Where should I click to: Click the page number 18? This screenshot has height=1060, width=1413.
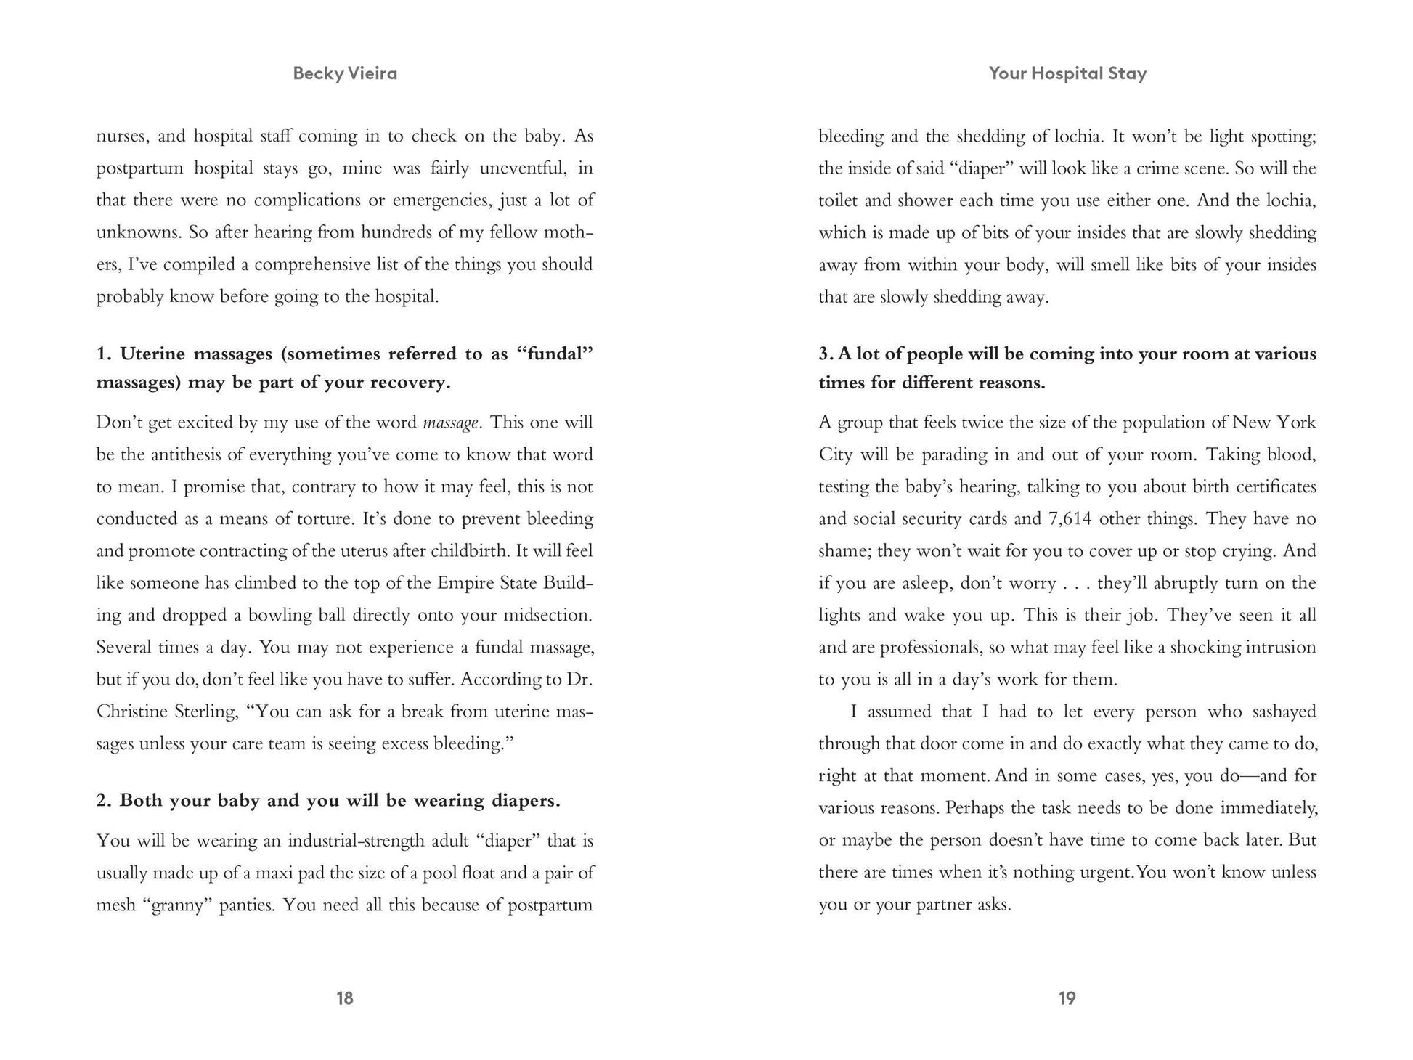344,998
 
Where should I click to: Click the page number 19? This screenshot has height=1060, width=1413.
1067,998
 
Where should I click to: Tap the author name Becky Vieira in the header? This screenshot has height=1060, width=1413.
345,73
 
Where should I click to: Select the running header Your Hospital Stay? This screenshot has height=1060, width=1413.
1067,73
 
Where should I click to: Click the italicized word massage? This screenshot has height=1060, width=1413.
450,423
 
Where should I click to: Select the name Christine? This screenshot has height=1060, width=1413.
131,712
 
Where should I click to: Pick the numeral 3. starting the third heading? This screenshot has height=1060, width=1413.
826,354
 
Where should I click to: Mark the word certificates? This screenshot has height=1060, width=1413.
1275,487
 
